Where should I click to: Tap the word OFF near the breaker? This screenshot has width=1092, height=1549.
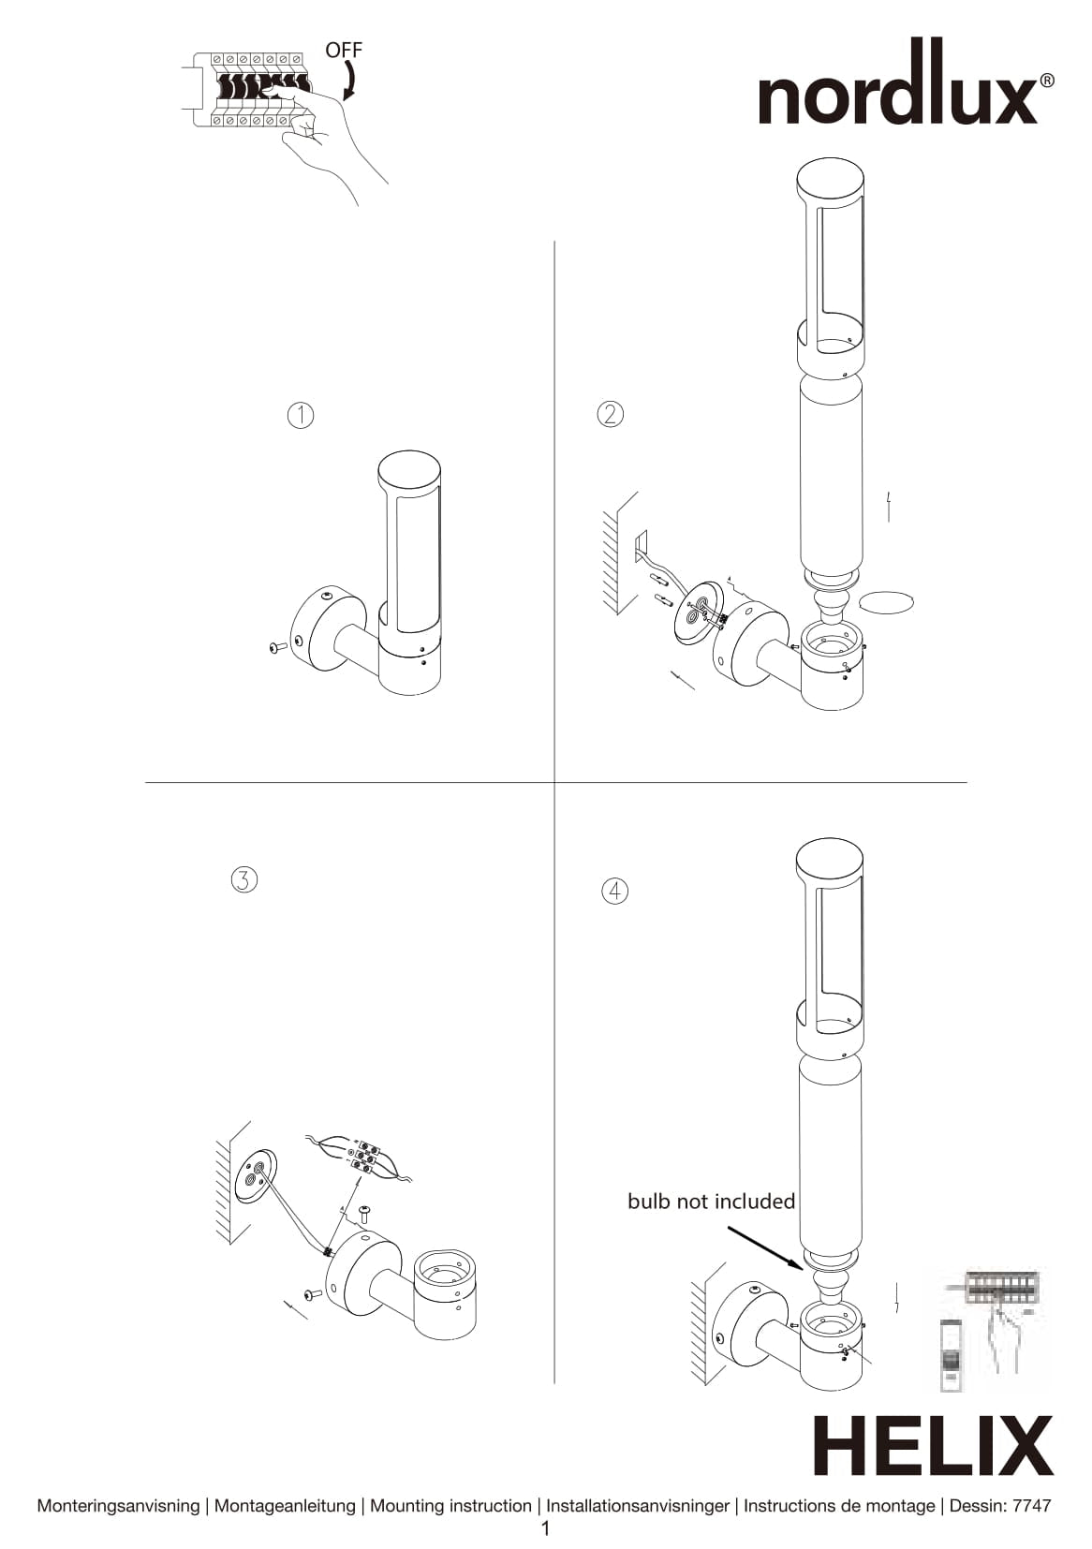tap(344, 51)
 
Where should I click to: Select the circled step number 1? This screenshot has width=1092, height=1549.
tap(300, 415)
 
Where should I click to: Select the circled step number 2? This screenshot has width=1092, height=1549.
tap(610, 414)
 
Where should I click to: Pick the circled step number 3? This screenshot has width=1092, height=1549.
tap(243, 879)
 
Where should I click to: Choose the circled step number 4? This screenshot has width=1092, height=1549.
tap(614, 891)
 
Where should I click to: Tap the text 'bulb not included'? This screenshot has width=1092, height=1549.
tap(711, 1202)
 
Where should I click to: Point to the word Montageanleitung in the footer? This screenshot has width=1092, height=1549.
tap(285, 1505)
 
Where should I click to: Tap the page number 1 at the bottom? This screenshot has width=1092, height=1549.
tap(546, 1529)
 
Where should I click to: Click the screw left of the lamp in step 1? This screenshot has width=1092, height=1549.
tap(277, 647)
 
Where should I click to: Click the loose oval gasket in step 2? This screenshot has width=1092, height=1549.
tap(886, 601)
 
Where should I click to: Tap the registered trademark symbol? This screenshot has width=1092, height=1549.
tap(1047, 81)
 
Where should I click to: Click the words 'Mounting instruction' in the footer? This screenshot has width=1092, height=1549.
tap(450, 1505)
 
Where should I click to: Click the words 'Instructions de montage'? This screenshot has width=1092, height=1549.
tap(839, 1505)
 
